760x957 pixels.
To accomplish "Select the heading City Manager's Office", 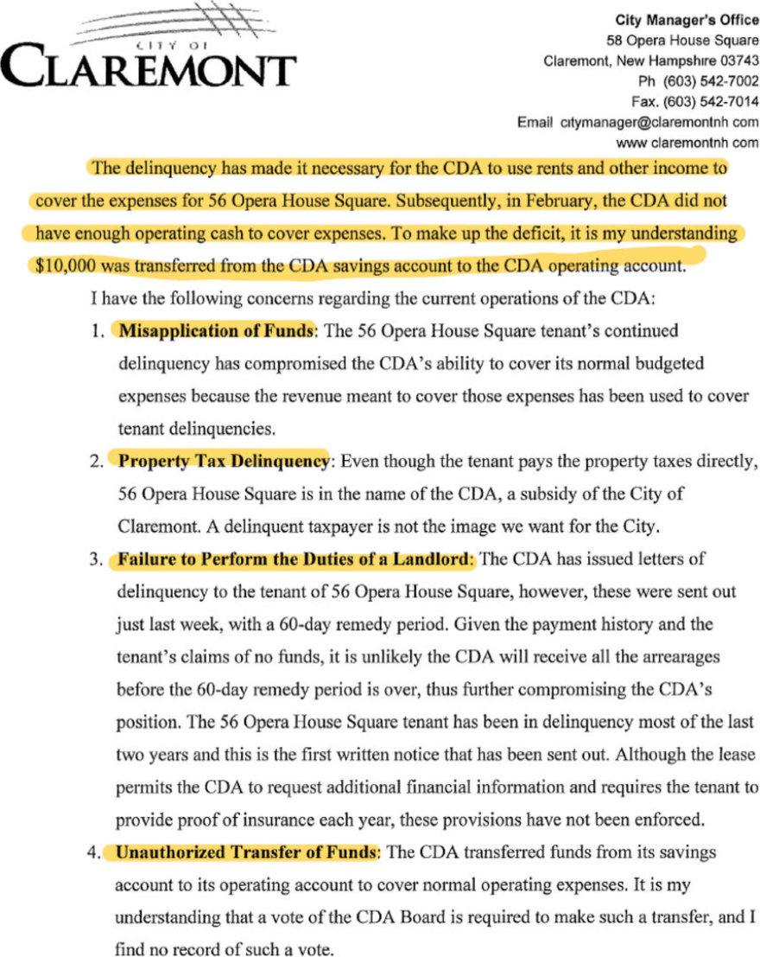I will [x=687, y=20].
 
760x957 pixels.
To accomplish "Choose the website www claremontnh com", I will [x=687, y=142].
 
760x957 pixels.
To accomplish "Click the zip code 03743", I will [x=738, y=61].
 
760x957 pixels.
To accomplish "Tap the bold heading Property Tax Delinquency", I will [x=224, y=461].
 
